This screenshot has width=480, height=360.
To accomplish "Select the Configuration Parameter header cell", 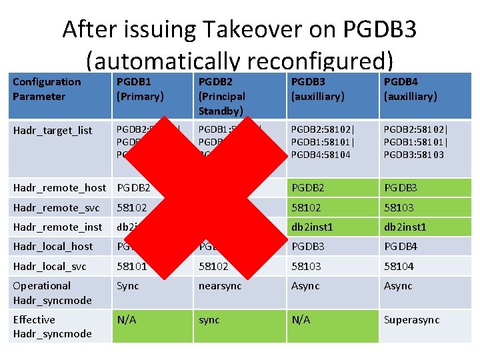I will click(47, 89).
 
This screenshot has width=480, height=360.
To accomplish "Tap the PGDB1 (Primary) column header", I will click(140, 89).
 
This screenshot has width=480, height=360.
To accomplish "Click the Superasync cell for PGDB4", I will click(411, 320).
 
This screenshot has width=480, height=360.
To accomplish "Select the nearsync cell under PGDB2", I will click(219, 286).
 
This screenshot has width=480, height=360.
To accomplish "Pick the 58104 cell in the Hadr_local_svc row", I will click(398, 266).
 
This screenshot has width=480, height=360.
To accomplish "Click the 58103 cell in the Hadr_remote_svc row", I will click(398, 207).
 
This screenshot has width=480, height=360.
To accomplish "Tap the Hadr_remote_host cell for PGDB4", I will click(400, 188).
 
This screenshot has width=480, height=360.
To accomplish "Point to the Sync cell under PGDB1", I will click(127, 286).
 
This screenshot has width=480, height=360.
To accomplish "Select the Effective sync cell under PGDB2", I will click(209, 320).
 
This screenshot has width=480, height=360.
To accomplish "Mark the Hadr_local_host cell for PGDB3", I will click(306, 247).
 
